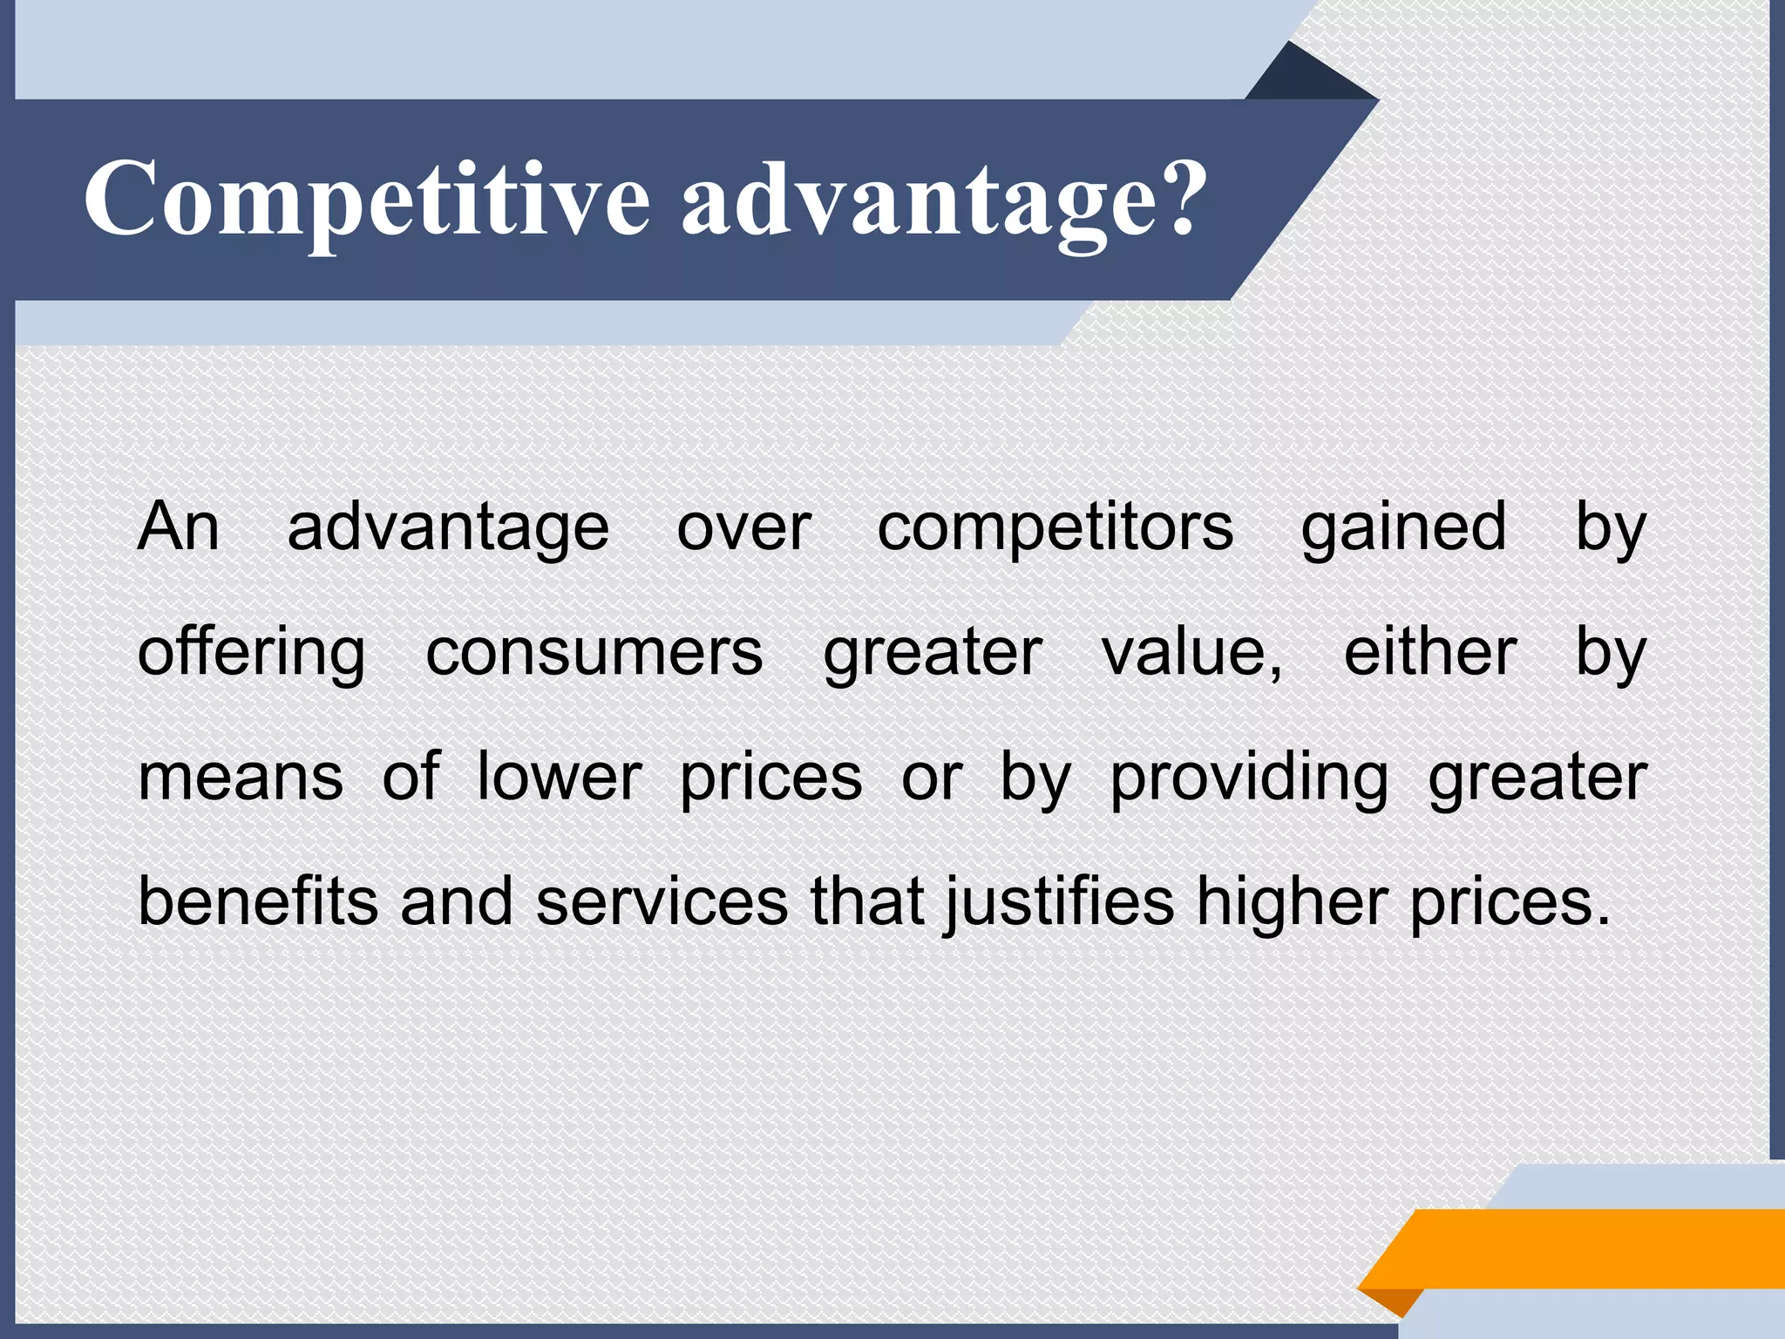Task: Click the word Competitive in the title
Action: [366, 199]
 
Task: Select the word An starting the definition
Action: [178, 527]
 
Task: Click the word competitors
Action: [1055, 528]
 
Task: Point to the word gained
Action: [1403, 528]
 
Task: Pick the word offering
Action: [251, 654]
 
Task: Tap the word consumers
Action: [594, 654]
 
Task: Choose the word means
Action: [241, 778]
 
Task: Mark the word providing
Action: [1248, 778]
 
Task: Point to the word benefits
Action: [258, 901]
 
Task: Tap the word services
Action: [662, 901]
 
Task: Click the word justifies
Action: [1059, 901]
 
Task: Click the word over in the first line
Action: [743, 528]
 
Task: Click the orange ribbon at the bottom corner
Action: [1586, 1248]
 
